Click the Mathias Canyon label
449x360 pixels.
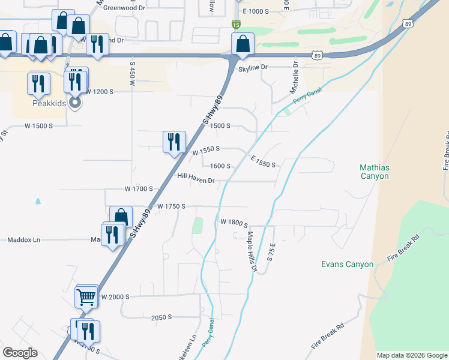(374, 172)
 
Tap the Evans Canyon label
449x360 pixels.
(347, 264)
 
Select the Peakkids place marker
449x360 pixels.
(75, 103)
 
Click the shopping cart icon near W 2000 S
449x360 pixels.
(86, 296)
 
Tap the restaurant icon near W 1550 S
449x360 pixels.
(173, 142)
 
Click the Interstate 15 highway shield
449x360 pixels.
(237, 24)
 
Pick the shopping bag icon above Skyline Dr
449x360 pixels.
(242, 43)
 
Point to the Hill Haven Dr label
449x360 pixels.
(196, 176)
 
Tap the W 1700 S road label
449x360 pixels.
(139, 188)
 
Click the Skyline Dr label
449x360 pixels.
(253, 68)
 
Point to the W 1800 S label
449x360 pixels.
(234, 222)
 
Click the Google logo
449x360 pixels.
(20, 353)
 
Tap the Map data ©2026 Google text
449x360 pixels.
(411, 355)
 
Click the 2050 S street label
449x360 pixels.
(161, 317)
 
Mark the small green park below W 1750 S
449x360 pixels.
(197, 226)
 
